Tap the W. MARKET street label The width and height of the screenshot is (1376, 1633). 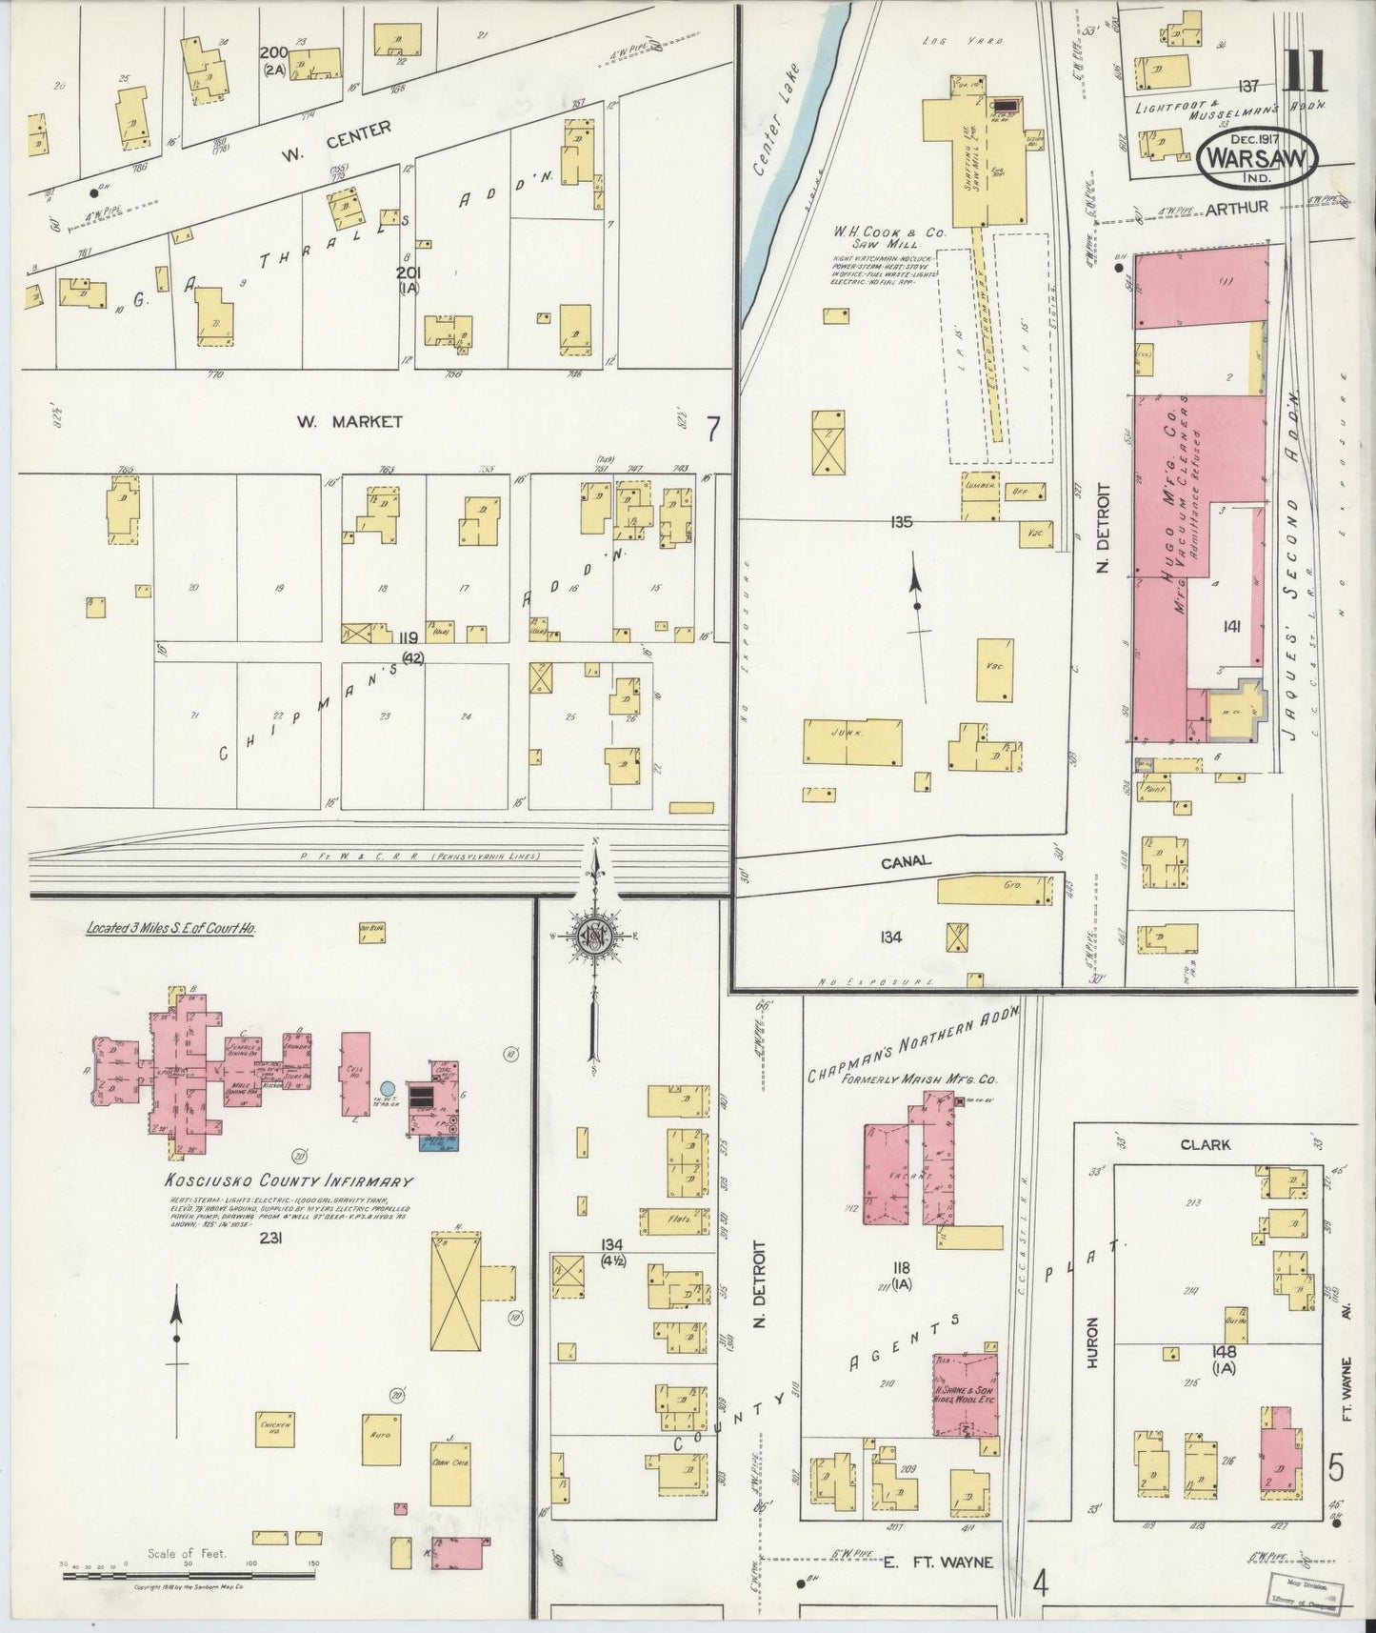(349, 421)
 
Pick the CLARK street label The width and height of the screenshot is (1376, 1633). (1205, 1144)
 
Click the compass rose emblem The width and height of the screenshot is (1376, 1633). (593, 934)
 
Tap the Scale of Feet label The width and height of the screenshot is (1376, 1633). (187, 1552)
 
